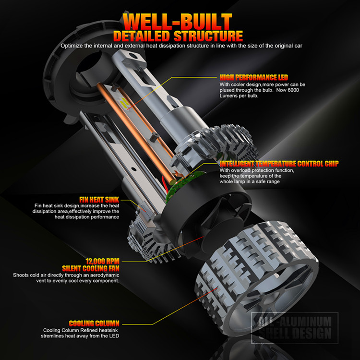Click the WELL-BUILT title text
click(178, 22)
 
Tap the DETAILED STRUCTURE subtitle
click(178, 36)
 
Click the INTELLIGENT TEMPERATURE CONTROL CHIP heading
click(279, 164)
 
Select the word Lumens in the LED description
click(229, 96)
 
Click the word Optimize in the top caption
click(72, 46)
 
